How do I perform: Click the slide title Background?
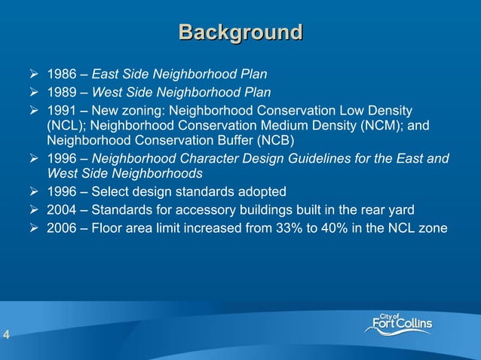[240, 32]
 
